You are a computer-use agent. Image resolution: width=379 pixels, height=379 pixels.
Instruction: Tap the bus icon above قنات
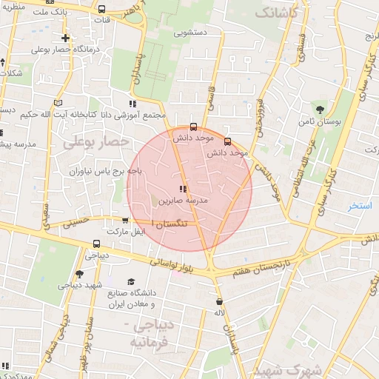101,10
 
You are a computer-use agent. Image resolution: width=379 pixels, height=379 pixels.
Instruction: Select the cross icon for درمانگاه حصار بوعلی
66,38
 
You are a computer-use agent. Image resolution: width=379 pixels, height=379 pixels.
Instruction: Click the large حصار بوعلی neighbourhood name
96,141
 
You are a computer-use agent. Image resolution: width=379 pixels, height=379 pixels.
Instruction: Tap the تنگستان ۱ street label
167,222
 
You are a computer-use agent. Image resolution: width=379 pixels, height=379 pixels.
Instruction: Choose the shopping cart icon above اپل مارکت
125,220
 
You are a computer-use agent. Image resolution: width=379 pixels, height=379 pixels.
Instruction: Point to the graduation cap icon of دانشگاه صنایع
131,281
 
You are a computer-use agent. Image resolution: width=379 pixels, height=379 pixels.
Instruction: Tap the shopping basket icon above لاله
219,302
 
